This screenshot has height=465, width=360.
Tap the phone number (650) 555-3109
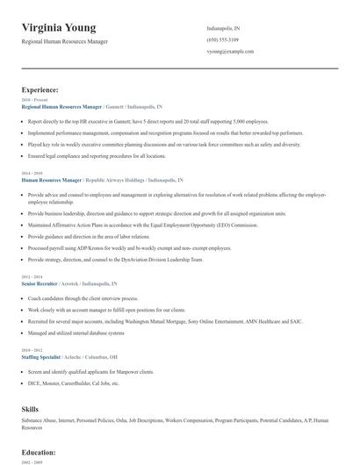[222, 40]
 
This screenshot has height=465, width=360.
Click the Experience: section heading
[40, 89]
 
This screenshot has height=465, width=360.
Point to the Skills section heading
[31, 409]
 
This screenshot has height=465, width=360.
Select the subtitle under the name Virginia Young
[65, 41]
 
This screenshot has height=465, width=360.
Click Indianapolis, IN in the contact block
[223, 29]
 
